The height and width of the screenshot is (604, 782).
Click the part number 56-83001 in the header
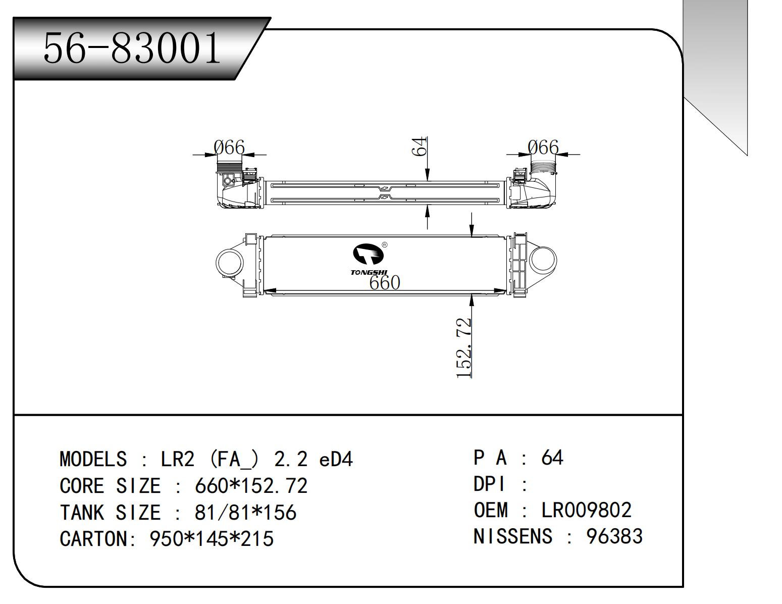(x=132, y=48)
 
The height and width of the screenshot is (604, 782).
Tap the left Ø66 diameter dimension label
(x=229, y=148)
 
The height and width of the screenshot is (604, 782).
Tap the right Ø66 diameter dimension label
(x=543, y=147)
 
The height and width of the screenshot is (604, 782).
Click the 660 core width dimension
(x=385, y=283)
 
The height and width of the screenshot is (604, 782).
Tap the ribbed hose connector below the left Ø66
(x=230, y=167)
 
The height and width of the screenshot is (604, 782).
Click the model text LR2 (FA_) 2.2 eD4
(x=257, y=459)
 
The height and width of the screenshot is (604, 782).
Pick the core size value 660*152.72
(x=251, y=486)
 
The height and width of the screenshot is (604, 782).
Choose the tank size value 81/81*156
(x=245, y=513)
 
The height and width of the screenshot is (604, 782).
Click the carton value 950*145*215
(x=212, y=539)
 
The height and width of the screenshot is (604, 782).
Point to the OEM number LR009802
(x=586, y=510)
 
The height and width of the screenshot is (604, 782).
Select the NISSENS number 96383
(x=614, y=536)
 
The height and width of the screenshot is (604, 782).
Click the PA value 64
(x=552, y=458)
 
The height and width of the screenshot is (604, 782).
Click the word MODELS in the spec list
(x=93, y=459)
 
